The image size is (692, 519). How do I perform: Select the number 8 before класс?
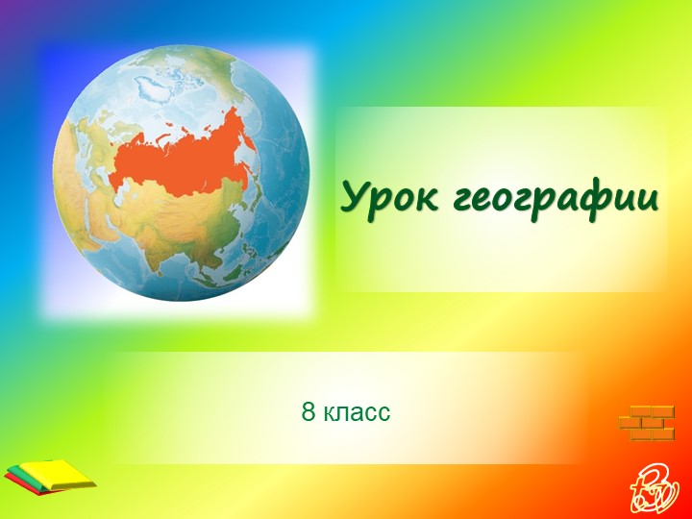308,413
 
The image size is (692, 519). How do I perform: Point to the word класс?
357,413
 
